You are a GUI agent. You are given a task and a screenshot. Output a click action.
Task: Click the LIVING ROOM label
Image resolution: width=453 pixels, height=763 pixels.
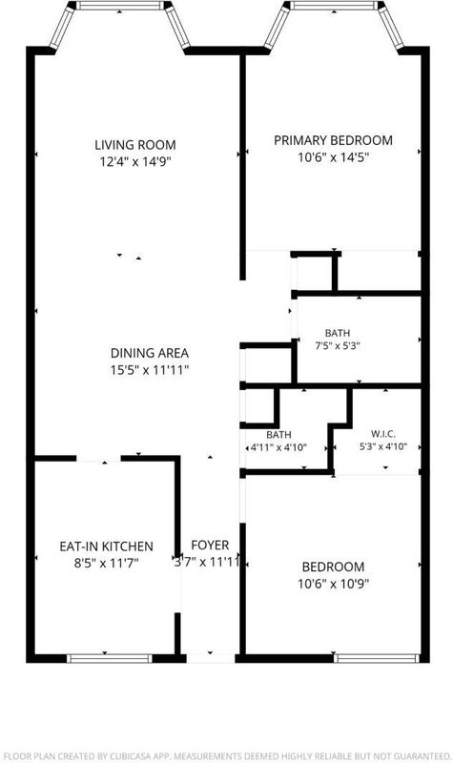click(x=135, y=145)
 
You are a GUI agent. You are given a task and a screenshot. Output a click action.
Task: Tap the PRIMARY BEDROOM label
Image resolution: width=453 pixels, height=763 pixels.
click(x=333, y=140)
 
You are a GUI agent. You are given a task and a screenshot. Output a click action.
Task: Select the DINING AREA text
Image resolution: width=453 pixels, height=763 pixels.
click(x=150, y=353)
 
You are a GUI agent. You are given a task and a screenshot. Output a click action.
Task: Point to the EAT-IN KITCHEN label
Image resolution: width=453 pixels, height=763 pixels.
click(x=107, y=546)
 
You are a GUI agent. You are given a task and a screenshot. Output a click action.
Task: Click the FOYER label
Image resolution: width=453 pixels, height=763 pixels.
click(x=210, y=545)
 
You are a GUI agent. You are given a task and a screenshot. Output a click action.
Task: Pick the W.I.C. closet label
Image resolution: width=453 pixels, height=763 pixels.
click(x=383, y=434)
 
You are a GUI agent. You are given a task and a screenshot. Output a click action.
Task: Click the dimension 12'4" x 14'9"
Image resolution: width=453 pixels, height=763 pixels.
click(x=135, y=161)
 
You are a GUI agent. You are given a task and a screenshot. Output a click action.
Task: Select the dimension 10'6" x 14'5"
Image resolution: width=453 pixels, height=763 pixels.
click(x=333, y=157)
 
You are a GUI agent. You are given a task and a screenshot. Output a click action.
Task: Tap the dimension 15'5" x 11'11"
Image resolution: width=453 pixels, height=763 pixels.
click(x=150, y=370)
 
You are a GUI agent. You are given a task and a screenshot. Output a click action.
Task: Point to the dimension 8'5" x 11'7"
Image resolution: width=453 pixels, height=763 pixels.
click(x=107, y=564)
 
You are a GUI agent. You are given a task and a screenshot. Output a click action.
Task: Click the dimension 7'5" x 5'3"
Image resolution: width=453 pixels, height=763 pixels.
click(x=338, y=346)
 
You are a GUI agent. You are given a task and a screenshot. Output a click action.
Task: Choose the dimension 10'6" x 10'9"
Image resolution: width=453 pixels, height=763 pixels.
click(x=333, y=584)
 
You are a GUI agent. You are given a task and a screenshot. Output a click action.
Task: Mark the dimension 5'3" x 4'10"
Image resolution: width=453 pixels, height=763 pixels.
click(x=383, y=446)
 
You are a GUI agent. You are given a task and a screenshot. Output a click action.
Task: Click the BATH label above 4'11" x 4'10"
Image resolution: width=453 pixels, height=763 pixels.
click(x=278, y=435)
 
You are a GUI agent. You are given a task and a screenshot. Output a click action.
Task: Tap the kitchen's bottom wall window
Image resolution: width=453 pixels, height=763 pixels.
click(x=110, y=658)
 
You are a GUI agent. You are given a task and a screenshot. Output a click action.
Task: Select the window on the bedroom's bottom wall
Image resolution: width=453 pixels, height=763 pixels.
click(x=377, y=658)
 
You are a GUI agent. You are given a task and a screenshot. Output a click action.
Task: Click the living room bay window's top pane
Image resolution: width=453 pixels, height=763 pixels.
click(x=120, y=6)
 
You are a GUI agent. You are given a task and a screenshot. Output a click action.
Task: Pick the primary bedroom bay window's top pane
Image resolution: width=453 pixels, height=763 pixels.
click(x=334, y=6)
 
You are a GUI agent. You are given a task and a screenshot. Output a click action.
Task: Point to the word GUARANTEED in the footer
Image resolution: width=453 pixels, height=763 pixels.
click(x=420, y=755)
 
